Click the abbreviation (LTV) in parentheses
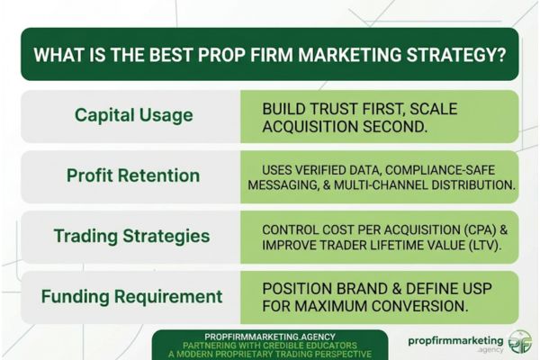coord(468,245)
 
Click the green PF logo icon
coord(518,341)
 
